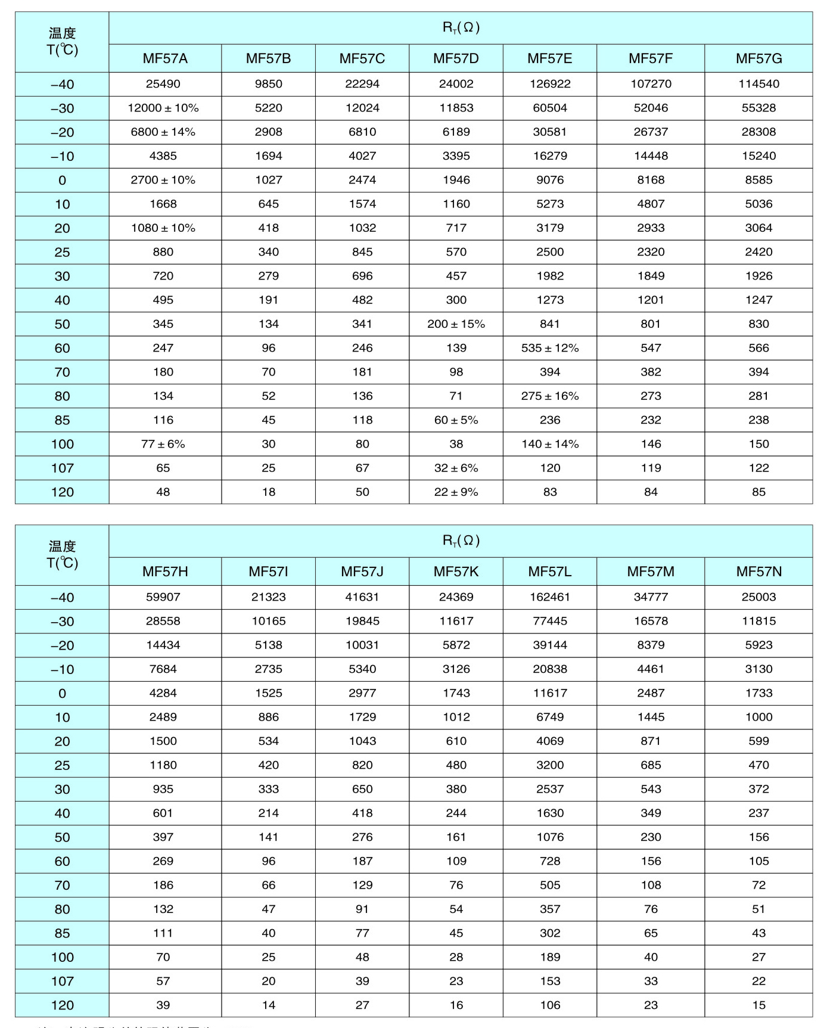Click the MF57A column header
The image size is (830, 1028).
click(165, 58)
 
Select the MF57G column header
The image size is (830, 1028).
click(758, 58)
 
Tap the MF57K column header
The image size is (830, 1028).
click(456, 572)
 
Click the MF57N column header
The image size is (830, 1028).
click(758, 572)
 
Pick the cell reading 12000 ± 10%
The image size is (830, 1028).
click(163, 108)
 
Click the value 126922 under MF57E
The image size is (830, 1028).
click(550, 84)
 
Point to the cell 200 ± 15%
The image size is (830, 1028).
click(456, 324)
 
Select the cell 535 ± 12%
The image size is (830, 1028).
click(550, 348)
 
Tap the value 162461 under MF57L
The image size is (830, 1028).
click(550, 597)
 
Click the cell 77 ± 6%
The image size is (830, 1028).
click(163, 444)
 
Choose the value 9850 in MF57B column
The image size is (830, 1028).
click(269, 84)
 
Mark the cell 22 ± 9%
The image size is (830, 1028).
click(456, 492)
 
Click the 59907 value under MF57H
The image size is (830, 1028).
click(163, 597)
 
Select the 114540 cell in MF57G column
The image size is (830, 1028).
click(758, 84)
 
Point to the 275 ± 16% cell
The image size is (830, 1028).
click(550, 396)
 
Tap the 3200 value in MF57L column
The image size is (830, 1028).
click(550, 765)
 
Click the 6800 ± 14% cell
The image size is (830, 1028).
click(163, 132)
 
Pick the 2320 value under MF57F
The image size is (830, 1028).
click(651, 252)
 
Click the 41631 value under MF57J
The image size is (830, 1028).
click(362, 597)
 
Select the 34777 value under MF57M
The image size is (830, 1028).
click(651, 597)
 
